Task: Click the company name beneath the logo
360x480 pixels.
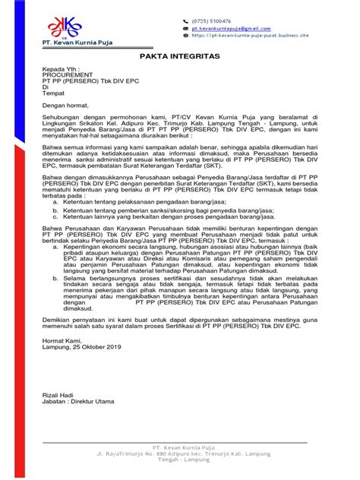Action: tap(71, 43)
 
